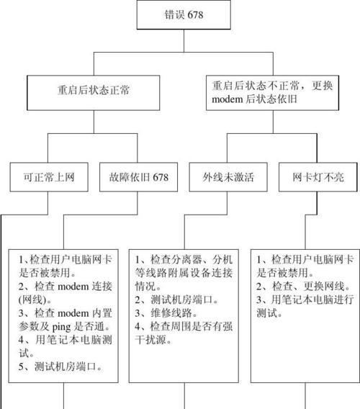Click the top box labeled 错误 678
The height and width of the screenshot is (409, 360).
(184, 14)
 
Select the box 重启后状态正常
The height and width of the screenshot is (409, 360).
(94, 93)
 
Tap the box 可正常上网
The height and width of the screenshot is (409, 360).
(49, 177)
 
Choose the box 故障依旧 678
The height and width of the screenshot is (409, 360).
(138, 177)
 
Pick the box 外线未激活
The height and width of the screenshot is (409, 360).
(228, 177)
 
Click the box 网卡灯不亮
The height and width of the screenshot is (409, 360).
(318, 177)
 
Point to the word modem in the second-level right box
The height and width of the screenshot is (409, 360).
(228, 99)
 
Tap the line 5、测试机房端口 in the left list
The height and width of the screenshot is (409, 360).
(60, 367)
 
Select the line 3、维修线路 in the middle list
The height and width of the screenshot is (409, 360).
(166, 313)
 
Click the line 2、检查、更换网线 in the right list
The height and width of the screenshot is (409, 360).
(303, 287)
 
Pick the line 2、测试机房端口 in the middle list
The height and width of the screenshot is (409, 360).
(176, 300)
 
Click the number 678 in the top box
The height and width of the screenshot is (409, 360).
(195, 15)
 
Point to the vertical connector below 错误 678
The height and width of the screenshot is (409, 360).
(184, 41)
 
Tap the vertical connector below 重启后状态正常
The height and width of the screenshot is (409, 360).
(94, 122)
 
